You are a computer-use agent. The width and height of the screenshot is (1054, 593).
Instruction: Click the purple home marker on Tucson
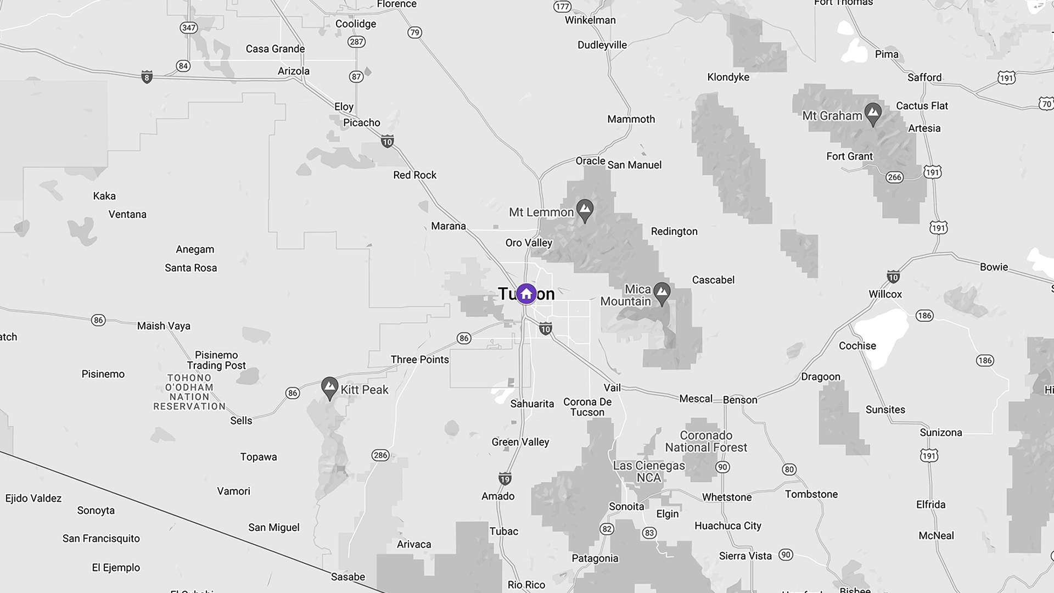526,294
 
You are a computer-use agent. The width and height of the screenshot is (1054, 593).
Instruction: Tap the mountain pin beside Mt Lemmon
585,210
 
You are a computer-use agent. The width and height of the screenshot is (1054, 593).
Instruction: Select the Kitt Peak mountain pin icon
329,388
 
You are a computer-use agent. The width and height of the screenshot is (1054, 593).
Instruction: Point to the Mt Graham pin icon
873,114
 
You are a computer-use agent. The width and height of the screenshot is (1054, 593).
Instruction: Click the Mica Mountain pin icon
663,293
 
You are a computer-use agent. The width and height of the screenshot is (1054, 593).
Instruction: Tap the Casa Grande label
275,49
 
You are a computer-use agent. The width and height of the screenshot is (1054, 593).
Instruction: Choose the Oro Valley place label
529,243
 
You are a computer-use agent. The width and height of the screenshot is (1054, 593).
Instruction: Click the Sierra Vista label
745,556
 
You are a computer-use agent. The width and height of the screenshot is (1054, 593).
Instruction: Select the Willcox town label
885,294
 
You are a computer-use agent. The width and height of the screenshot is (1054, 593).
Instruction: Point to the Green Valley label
520,442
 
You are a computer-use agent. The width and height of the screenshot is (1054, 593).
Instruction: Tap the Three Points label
419,360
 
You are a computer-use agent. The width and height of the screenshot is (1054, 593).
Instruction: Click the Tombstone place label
811,494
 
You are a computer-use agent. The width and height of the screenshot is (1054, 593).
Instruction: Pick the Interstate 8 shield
147,77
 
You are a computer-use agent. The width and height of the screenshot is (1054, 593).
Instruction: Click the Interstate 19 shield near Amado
504,478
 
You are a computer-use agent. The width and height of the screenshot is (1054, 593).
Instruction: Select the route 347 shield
188,28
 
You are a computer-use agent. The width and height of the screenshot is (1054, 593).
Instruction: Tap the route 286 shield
380,455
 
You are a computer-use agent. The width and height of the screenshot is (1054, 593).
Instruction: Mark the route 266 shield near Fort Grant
894,177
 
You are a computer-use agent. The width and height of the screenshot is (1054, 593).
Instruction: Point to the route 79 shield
414,32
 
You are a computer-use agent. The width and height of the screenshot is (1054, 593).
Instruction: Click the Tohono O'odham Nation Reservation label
189,392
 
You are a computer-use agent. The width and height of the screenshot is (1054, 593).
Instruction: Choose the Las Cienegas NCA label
649,472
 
